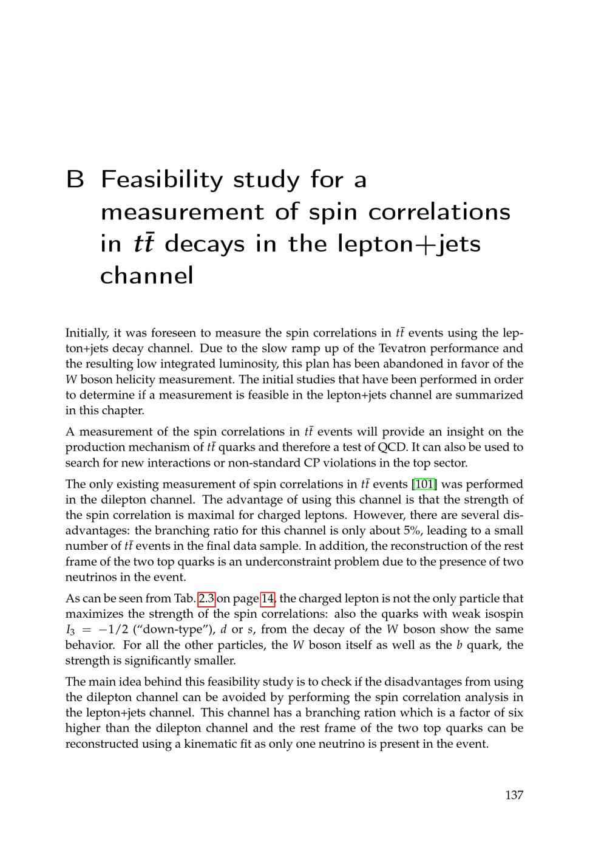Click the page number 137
pyautogui.click(x=514, y=795)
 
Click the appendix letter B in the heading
pyautogui.click(x=75, y=180)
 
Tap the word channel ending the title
pyautogui.click(x=146, y=276)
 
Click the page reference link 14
pyautogui.click(x=268, y=598)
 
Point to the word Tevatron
pyautogui.click(x=408, y=349)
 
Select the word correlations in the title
pyautogui.click(x=439, y=212)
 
